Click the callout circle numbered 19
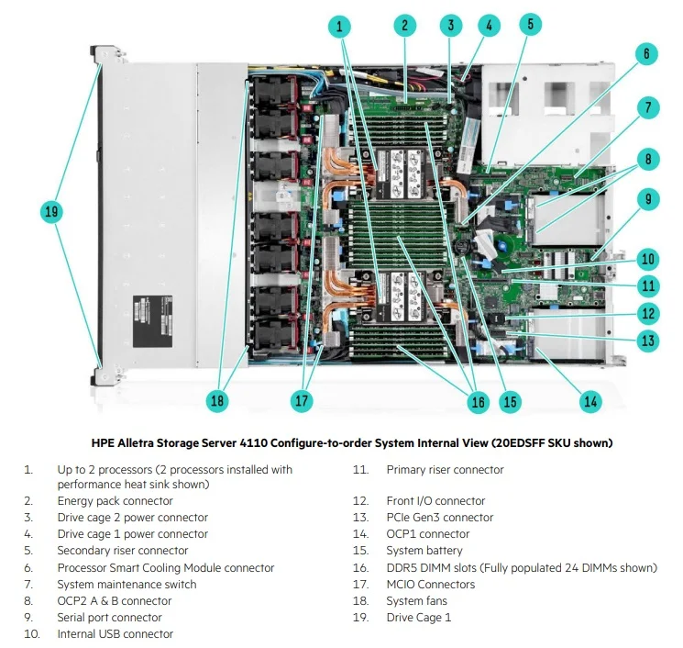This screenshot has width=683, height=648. point(51,212)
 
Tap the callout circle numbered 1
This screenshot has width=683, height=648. point(340,26)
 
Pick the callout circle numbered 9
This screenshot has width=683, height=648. point(648,198)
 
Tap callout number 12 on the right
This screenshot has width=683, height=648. point(648,314)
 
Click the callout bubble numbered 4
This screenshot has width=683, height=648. point(489,26)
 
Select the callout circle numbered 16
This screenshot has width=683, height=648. point(477,401)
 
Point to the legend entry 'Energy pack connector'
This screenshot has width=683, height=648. point(115,501)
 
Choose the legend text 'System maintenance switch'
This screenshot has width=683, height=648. point(127,585)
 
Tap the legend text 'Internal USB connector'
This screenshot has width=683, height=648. point(115,634)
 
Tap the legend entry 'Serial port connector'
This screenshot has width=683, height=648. point(109,618)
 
